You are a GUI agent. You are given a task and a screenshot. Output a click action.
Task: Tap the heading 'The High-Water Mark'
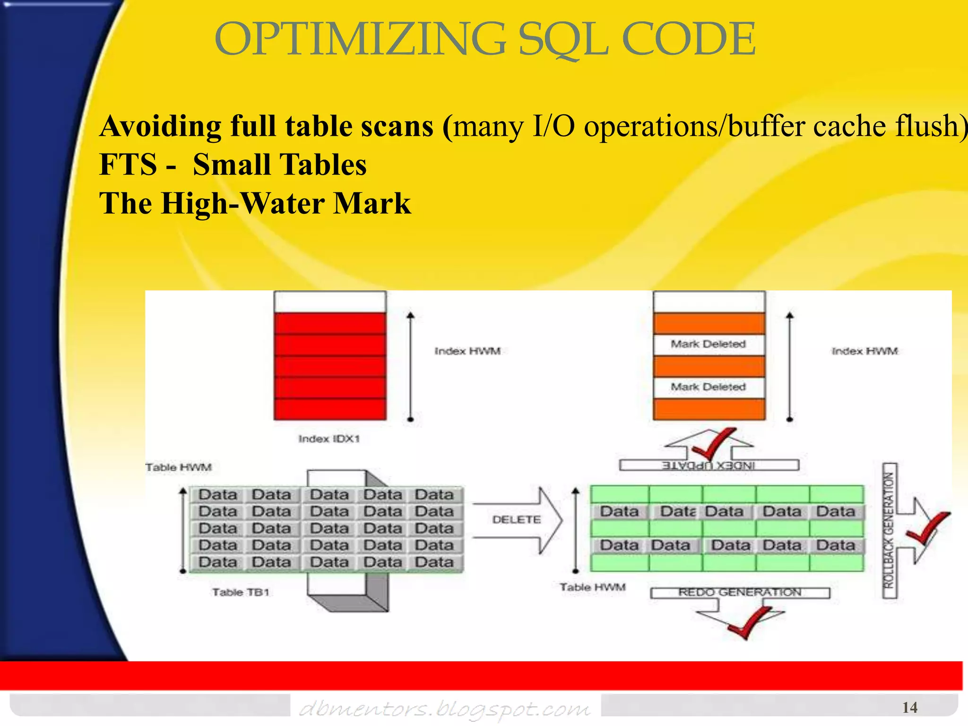coord(255,204)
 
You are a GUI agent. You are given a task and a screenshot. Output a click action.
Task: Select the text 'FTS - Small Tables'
coord(233,165)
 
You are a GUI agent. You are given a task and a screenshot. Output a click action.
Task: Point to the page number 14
coord(909,707)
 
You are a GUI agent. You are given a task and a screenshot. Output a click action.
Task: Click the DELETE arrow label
coord(516,519)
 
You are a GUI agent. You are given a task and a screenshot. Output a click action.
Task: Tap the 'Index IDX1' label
coord(329,439)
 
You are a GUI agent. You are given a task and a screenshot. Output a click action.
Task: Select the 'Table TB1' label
coord(241,592)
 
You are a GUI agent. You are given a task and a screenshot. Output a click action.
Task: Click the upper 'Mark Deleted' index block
coord(709,345)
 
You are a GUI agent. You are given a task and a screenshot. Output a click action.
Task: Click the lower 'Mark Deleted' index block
coord(709,387)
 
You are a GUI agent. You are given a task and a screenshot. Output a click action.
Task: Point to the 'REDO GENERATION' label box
coord(740,593)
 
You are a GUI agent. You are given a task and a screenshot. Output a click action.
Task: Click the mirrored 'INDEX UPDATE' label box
coord(709,466)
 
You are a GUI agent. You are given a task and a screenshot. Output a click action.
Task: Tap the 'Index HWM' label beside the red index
coord(467,351)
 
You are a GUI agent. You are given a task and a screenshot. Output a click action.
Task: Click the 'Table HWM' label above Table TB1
coord(179,467)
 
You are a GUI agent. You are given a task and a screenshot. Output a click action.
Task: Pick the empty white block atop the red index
coord(329,302)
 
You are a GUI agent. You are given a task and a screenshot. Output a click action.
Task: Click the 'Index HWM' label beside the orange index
coord(864,351)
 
